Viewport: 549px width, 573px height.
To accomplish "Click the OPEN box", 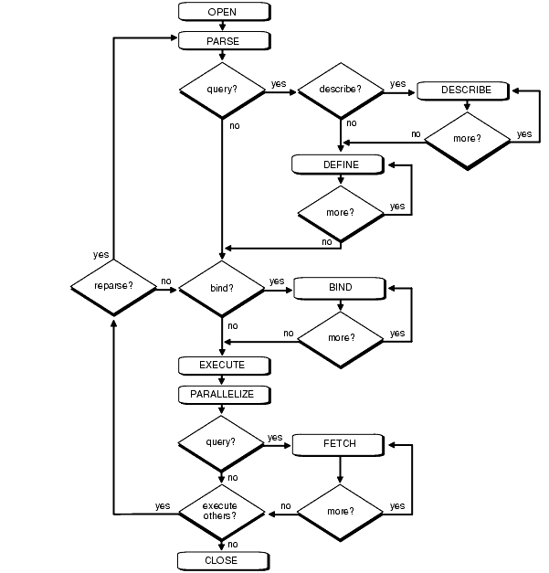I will tap(223, 12).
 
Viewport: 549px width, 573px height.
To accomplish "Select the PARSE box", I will tap(223, 40).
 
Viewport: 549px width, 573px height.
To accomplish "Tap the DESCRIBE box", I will tap(467, 90).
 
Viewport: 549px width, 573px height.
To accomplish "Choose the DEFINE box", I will tap(340, 164).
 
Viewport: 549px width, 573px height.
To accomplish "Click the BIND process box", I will tap(340, 287).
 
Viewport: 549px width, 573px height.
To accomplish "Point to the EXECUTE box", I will tap(223, 366).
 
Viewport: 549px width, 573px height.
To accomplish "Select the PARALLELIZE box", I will tap(223, 395).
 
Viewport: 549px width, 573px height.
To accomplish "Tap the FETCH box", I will tap(340, 444).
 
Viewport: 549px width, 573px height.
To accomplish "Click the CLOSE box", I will tap(223, 559).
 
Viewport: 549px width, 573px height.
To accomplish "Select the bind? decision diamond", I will tap(222, 287).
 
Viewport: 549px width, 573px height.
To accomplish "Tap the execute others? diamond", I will tap(222, 509).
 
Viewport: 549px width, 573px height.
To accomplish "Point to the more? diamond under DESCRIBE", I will tap(467, 140).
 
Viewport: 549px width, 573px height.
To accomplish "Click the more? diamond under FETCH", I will tap(340, 509).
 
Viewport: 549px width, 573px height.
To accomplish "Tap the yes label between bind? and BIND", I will tap(276, 281).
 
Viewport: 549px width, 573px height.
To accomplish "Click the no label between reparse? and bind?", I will tap(166, 281).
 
